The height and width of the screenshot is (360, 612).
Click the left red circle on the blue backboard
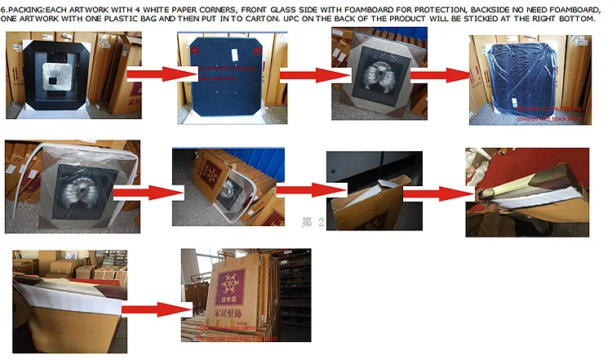[196, 51]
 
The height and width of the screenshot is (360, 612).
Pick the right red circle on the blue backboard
[258, 51]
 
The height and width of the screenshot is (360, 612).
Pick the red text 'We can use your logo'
[237, 337]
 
